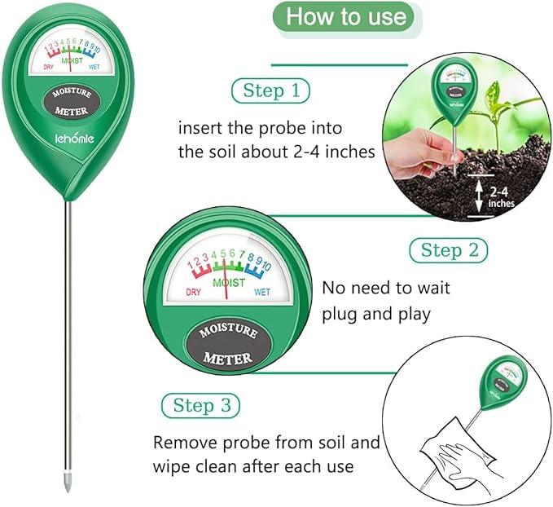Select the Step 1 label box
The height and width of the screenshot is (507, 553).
(x=271, y=90)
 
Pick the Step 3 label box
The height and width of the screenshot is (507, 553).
(x=201, y=405)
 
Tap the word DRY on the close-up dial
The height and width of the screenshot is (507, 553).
(x=194, y=292)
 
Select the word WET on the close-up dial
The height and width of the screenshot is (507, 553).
(x=261, y=292)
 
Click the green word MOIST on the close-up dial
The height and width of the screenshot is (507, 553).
(x=228, y=282)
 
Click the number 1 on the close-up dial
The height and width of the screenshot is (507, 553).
(x=191, y=266)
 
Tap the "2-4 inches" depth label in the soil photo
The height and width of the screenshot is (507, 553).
(x=501, y=196)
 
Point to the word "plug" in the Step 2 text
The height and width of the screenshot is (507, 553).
(x=343, y=315)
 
